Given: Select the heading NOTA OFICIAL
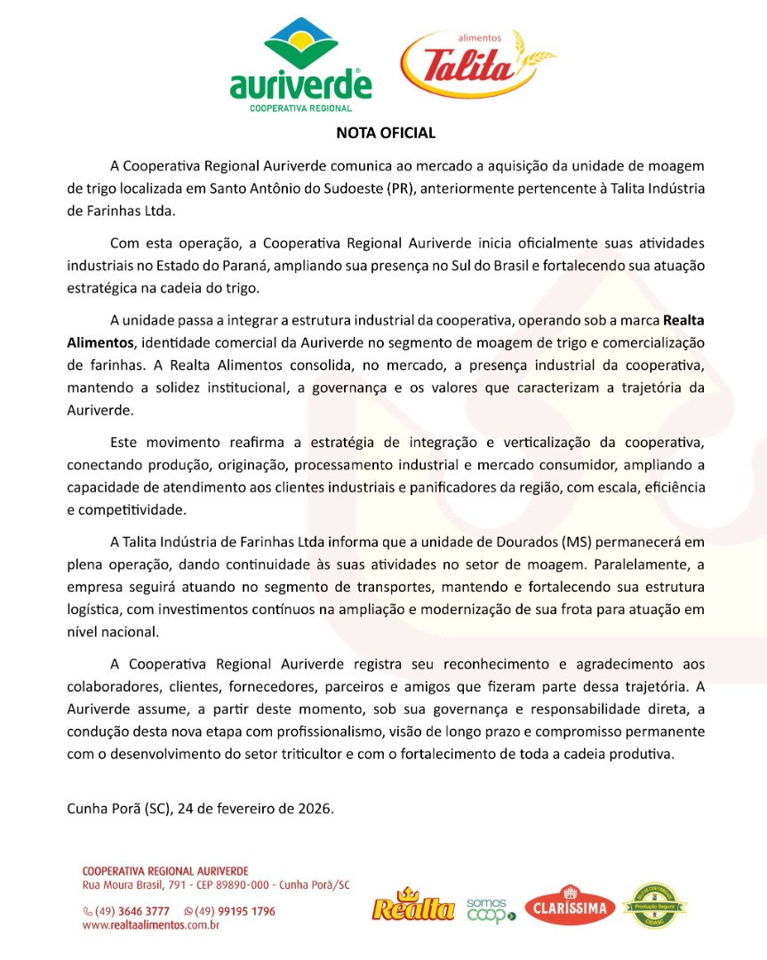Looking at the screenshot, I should click(x=386, y=133).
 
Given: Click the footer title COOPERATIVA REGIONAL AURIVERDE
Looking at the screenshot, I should click(x=164, y=870).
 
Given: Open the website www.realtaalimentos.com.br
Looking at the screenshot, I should click(x=150, y=925).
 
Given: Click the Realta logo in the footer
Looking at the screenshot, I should click(x=413, y=907).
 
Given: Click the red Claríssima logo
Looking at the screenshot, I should click(x=570, y=906).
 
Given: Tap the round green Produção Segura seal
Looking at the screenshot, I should click(x=654, y=907).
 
